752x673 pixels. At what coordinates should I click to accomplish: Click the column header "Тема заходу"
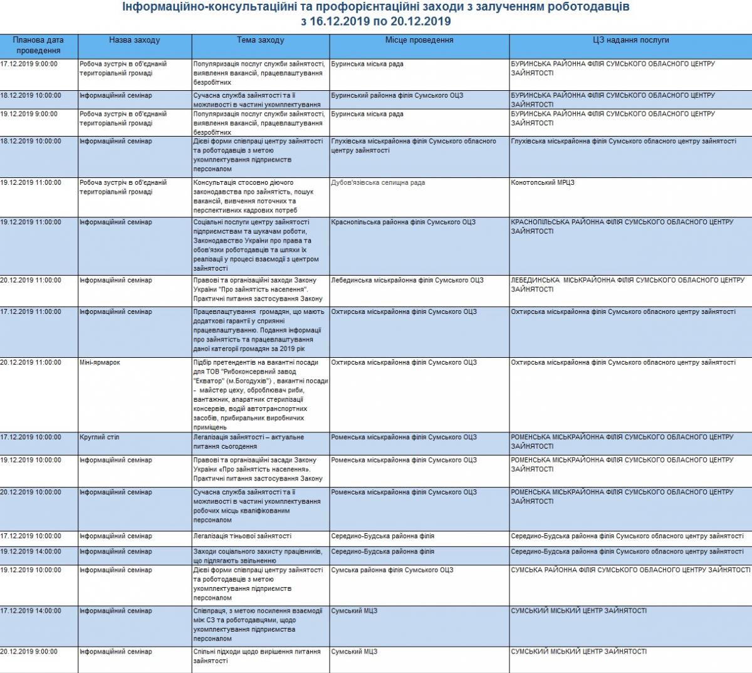(x=260, y=40)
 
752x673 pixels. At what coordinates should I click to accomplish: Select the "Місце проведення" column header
(x=419, y=40)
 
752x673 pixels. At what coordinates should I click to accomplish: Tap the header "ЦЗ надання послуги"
(x=630, y=40)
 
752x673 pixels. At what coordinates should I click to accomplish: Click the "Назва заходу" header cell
(x=134, y=40)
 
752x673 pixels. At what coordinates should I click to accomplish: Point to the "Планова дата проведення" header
(x=38, y=45)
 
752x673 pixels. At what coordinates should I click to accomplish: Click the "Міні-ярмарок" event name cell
(x=100, y=363)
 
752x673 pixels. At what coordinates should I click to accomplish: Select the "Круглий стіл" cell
(x=99, y=437)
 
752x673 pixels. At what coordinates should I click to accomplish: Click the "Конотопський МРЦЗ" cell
(x=543, y=183)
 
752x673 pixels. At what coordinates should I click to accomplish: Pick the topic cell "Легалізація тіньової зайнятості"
(x=242, y=536)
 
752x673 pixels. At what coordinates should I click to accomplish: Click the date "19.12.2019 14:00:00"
(x=31, y=552)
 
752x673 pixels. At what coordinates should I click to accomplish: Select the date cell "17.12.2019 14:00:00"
(x=31, y=611)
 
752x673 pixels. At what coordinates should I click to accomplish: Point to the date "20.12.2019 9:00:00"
(x=29, y=652)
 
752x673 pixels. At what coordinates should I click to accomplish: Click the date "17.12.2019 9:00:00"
(x=29, y=64)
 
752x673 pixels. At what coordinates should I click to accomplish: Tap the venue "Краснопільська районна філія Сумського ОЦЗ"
(x=403, y=222)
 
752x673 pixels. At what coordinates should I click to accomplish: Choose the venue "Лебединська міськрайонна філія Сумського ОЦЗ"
(x=407, y=281)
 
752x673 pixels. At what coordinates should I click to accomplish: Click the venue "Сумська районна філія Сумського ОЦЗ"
(x=392, y=570)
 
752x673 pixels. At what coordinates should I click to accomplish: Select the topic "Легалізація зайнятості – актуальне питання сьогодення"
(x=249, y=442)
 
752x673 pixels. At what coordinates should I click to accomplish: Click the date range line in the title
(x=375, y=21)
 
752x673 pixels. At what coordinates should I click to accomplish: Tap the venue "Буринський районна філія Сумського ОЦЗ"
(x=397, y=96)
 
